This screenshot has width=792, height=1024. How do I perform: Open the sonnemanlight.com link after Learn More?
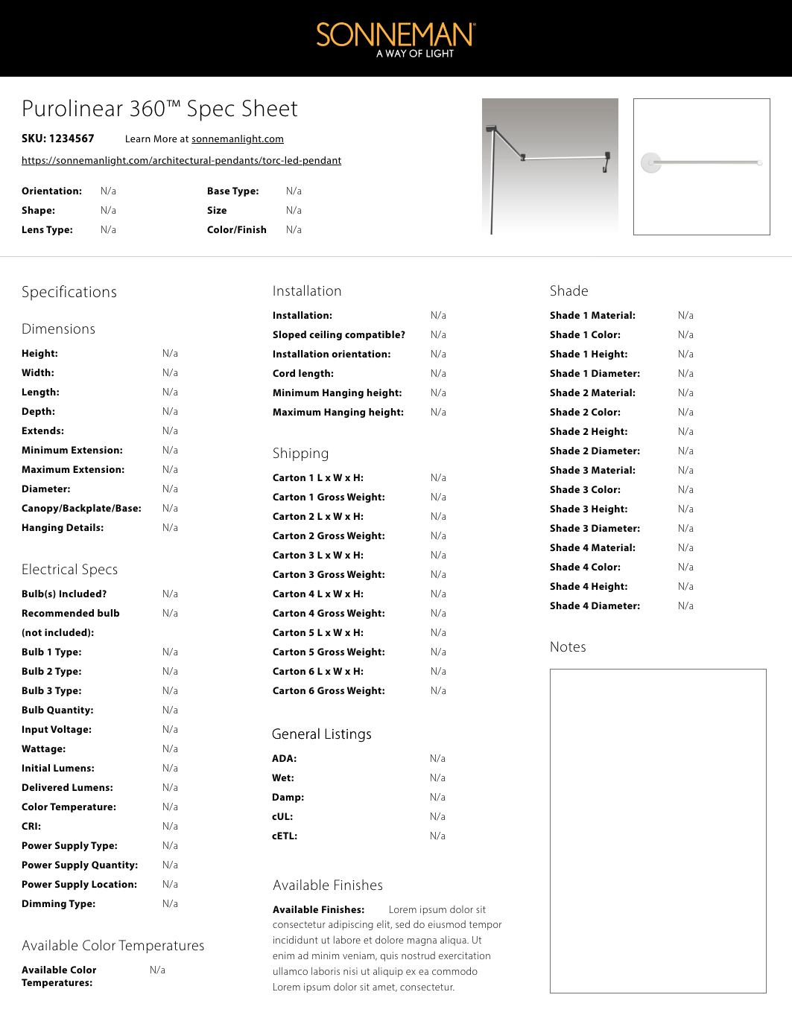[x=237, y=139]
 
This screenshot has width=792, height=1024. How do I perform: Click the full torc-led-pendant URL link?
[x=181, y=161]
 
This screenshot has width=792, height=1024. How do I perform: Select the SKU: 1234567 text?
[x=58, y=139]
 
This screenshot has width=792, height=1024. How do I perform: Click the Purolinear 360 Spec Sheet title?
[x=159, y=109]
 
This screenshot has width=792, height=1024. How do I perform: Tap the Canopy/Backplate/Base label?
[x=81, y=509]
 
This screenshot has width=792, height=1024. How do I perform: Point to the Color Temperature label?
[x=69, y=807]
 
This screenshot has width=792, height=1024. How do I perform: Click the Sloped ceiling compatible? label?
[x=339, y=335]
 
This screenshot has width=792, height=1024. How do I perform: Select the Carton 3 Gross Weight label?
[x=329, y=575]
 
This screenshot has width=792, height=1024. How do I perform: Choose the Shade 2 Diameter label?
[x=595, y=451]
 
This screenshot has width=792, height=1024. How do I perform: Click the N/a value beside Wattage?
[x=170, y=749]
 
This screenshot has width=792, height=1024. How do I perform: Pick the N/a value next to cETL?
[x=437, y=836]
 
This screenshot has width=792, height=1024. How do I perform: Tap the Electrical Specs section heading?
[x=69, y=570]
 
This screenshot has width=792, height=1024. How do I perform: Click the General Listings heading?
[x=321, y=734]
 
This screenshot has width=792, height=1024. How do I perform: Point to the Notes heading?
[x=568, y=647]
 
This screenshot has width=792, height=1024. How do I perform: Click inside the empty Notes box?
[x=658, y=830]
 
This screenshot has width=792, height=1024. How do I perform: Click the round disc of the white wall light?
[x=651, y=162]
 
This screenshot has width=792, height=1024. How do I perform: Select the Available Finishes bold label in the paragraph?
[x=318, y=910]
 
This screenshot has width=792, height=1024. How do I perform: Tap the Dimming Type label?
[x=58, y=904]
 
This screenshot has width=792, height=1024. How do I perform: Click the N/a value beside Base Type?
[x=294, y=191]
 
